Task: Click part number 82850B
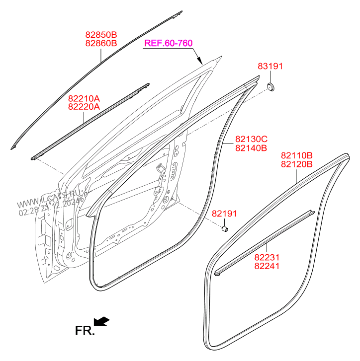(100, 35)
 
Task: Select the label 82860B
(100, 43)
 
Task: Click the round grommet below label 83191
(271, 88)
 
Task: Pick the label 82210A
(84, 98)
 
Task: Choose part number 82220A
(84, 106)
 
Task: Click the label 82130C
(252, 140)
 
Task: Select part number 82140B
(252, 147)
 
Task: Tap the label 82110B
(296, 156)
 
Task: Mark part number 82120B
(296, 164)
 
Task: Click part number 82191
(224, 214)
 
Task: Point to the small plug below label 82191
(224, 229)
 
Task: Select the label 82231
(267, 258)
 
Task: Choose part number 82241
(267, 266)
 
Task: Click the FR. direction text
(85, 330)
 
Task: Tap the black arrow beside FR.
(102, 322)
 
